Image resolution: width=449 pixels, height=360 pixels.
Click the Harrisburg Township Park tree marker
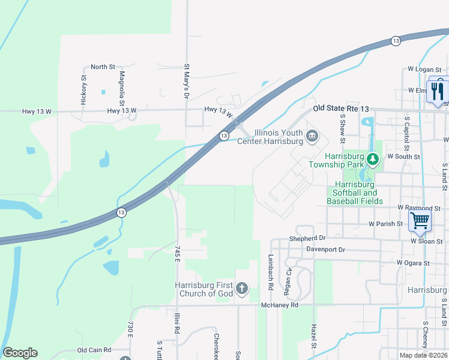click(373, 159)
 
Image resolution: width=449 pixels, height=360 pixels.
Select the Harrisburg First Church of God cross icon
click(242, 289)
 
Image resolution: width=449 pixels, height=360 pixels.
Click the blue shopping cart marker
click(420, 220)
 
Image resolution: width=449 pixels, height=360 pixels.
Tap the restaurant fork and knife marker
click(437, 91)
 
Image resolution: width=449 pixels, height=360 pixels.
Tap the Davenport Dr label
click(326, 249)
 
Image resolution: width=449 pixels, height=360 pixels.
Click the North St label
click(103, 67)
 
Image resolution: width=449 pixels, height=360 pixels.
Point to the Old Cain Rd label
click(94, 350)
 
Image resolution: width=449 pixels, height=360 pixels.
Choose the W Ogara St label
click(413, 263)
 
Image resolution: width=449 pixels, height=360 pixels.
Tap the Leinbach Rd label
click(270, 274)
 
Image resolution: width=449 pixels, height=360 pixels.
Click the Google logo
click(20, 353)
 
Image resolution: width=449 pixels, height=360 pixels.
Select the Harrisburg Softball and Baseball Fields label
click(355, 193)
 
